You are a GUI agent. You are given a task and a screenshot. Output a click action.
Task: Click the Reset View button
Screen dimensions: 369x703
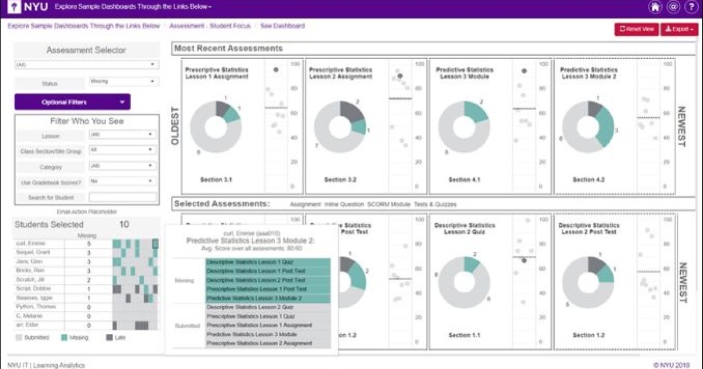click(636, 29)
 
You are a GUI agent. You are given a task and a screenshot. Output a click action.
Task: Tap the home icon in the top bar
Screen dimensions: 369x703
click(655, 7)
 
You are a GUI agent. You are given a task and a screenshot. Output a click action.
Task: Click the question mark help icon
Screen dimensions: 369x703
click(690, 7)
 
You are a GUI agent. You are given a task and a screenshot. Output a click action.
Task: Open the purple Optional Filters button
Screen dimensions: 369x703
click(72, 102)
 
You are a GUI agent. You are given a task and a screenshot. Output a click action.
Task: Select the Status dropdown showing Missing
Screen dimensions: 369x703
click(122, 81)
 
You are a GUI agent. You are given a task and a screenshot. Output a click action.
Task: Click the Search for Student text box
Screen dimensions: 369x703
click(122, 197)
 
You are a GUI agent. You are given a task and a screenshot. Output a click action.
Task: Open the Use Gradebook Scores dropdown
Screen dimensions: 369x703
click(122, 182)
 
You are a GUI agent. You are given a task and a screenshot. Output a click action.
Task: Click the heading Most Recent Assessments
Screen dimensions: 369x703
click(228, 49)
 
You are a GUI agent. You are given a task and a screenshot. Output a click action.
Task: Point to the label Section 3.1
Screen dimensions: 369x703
click(216, 179)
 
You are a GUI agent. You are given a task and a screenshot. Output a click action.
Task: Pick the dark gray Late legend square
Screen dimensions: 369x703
click(110, 337)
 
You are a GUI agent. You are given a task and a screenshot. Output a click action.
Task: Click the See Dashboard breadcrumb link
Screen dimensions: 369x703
click(282, 26)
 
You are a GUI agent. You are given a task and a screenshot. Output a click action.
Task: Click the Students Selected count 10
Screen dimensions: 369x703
click(124, 224)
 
